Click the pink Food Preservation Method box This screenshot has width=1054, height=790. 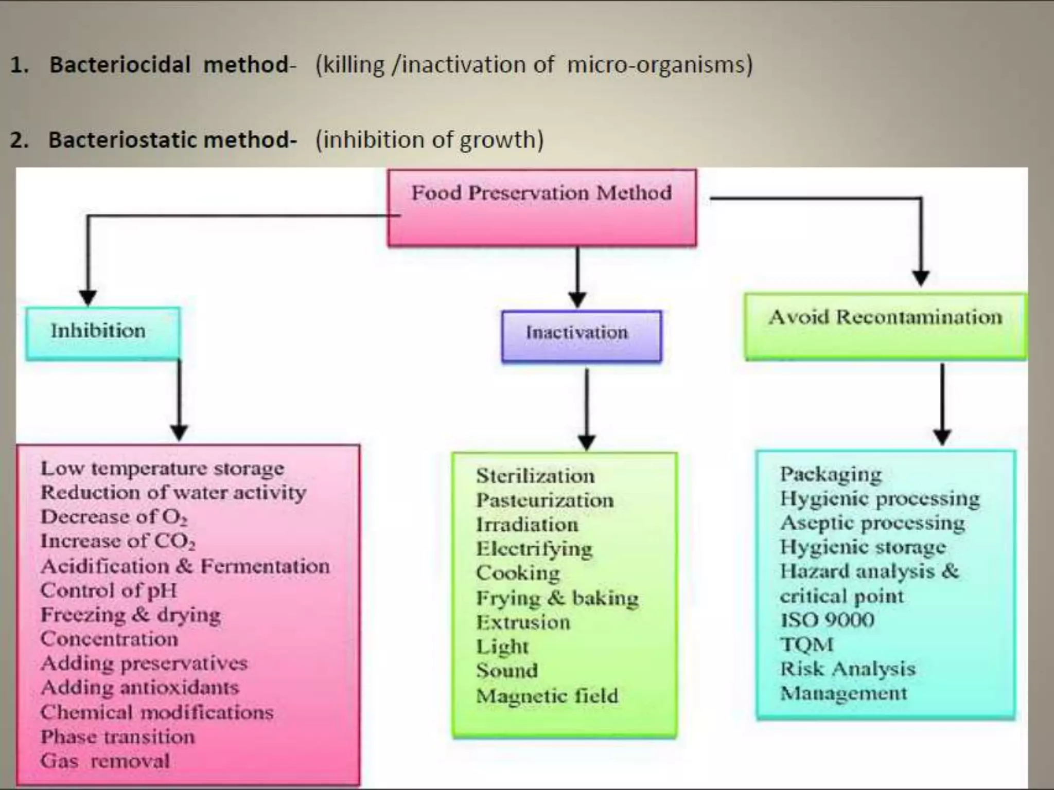(542, 208)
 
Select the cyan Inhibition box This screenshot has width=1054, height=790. (103, 333)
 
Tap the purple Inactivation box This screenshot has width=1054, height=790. (582, 335)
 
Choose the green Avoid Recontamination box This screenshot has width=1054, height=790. (885, 326)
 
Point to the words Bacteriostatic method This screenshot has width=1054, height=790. (172, 140)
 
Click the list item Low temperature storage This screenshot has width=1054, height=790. (162, 469)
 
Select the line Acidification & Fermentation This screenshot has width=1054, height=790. (185, 566)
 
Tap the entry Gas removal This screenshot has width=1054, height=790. (105, 761)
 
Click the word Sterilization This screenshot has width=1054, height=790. (535, 476)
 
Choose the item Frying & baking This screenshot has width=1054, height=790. (557, 598)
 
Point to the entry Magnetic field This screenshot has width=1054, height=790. (547, 696)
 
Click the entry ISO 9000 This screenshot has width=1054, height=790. (827, 620)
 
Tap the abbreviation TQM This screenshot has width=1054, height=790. (806, 644)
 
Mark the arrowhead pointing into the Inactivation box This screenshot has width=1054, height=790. (577, 300)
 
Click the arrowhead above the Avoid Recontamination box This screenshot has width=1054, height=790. (921, 278)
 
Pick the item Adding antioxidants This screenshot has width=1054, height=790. (140, 688)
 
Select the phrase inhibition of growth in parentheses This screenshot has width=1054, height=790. (430, 140)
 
